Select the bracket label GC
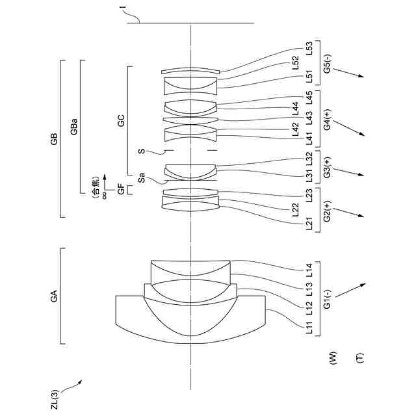tap(121, 121)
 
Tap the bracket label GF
tap(121, 190)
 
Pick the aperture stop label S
tap(140, 150)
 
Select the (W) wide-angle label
tap(333, 357)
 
